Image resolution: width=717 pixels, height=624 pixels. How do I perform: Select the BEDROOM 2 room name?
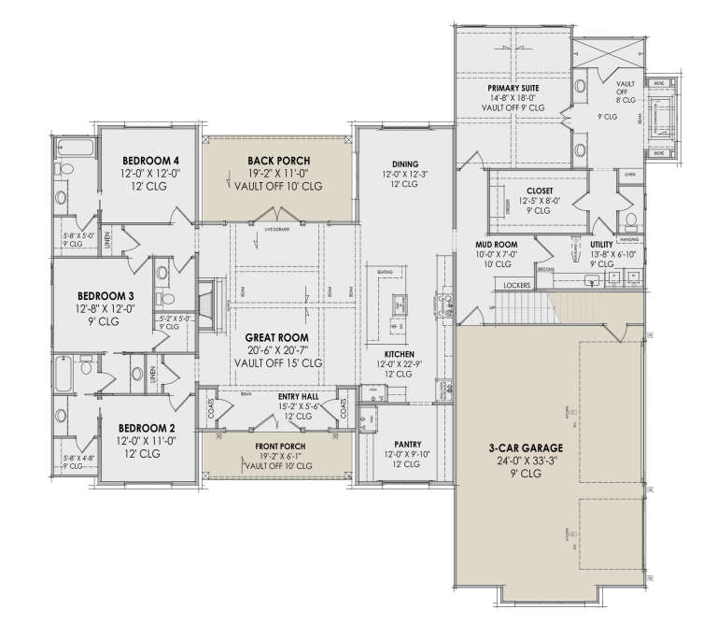tap(141, 427)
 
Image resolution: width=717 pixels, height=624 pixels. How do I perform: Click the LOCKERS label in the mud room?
tap(516, 285)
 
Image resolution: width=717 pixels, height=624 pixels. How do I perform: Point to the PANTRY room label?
tap(407, 444)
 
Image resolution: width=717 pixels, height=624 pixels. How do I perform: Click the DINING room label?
tap(405, 163)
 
